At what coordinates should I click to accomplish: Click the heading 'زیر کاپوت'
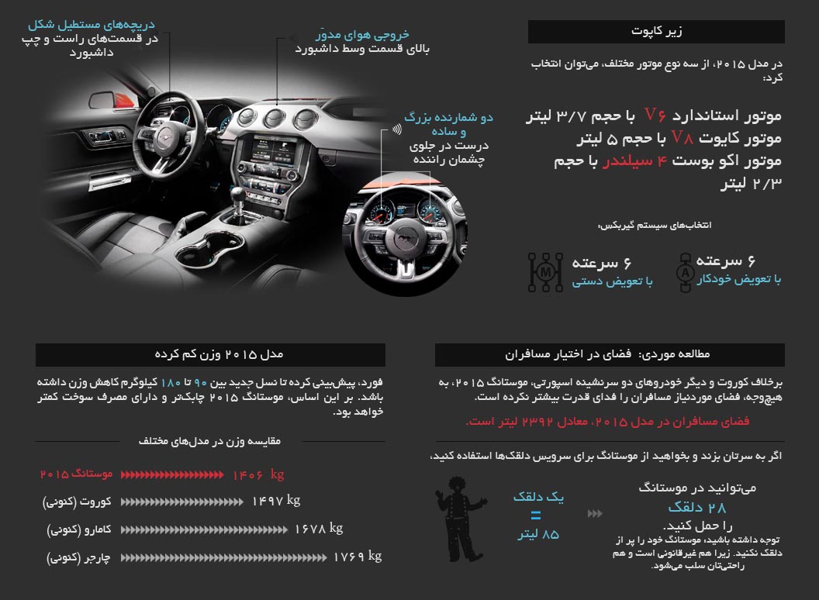[657, 32]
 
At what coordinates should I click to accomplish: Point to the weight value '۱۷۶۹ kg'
[358, 557]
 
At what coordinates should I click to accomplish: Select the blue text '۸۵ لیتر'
[538, 535]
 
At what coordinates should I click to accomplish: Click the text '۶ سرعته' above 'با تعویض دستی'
[612, 263]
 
